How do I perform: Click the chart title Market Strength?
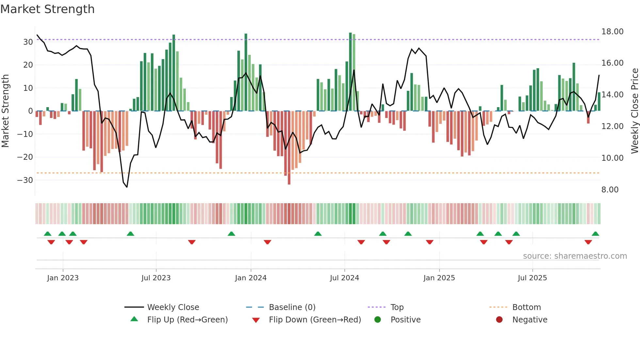click(x=47, y=9)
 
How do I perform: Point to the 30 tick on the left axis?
click(x=28, y=42)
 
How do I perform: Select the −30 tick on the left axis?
click(x=25, y=180)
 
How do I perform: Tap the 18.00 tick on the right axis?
click(x=612, y=32)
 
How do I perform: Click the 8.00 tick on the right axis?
click(x=610, y=190)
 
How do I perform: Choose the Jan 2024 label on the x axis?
click(x=250, y=278)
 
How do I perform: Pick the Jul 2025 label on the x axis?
click(x=532, y=278)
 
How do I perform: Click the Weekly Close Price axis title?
click(x=634, y=111)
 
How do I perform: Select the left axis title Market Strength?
click(x=5, y=111)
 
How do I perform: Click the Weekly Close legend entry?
click(x=173, y=307)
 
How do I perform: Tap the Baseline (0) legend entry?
click(x=292, y=307)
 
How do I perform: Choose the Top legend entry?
click(x=397, y=307)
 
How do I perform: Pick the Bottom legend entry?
click(x=526, y=307)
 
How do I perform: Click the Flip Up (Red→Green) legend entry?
click(x=187, y=320)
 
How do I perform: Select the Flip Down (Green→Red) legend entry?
click(x=315, y=320)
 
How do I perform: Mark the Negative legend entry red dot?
click(x=499, y=320)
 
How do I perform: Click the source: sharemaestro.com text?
click(x=575, y=256)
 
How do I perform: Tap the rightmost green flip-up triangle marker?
click(x=595, y=234)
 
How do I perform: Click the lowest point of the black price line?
click(x=127, y=187)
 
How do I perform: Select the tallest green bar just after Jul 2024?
click(x=350, y=72)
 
